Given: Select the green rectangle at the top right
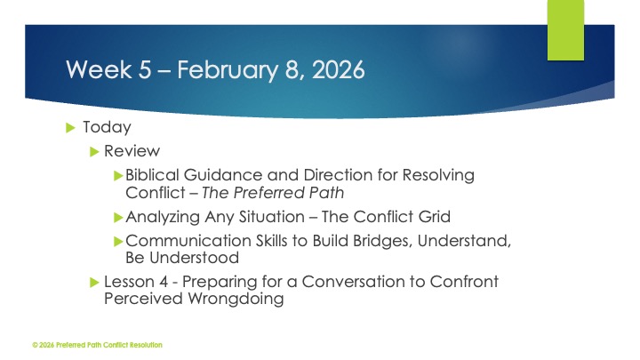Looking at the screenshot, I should pyautogui.click(x=565, y=28).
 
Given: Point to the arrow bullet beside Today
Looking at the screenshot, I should pyautogui.click(x=71, y=128).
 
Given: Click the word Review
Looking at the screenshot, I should pyautogui.click(x=132, y=151).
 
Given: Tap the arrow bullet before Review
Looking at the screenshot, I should pyautogui.click(x=96, y=151).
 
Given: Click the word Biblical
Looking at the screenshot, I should pyautogui.click(x=156, y=175).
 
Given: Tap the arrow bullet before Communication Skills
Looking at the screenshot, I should pyautogui.click(x=120, y=240).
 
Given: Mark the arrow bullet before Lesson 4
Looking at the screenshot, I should pyautogui.click(x=96, y=282).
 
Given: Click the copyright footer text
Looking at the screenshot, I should pyautogui.click(x=97, y=344).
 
